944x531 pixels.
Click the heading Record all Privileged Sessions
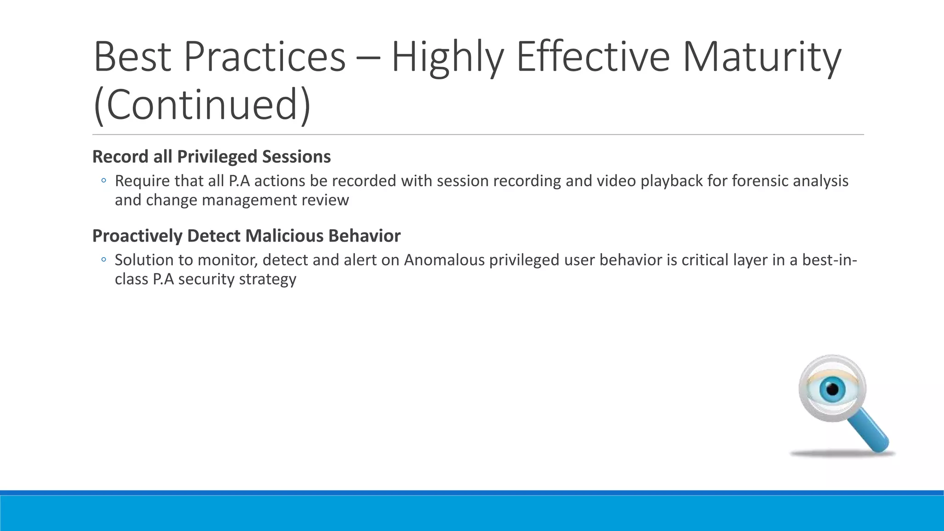[211, 157]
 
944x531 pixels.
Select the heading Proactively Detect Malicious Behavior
[246, 236]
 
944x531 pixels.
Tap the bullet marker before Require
[104, 181]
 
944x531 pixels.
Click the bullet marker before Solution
[104, 260]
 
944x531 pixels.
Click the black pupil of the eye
[832, 390]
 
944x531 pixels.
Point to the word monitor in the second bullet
[227, 260]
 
